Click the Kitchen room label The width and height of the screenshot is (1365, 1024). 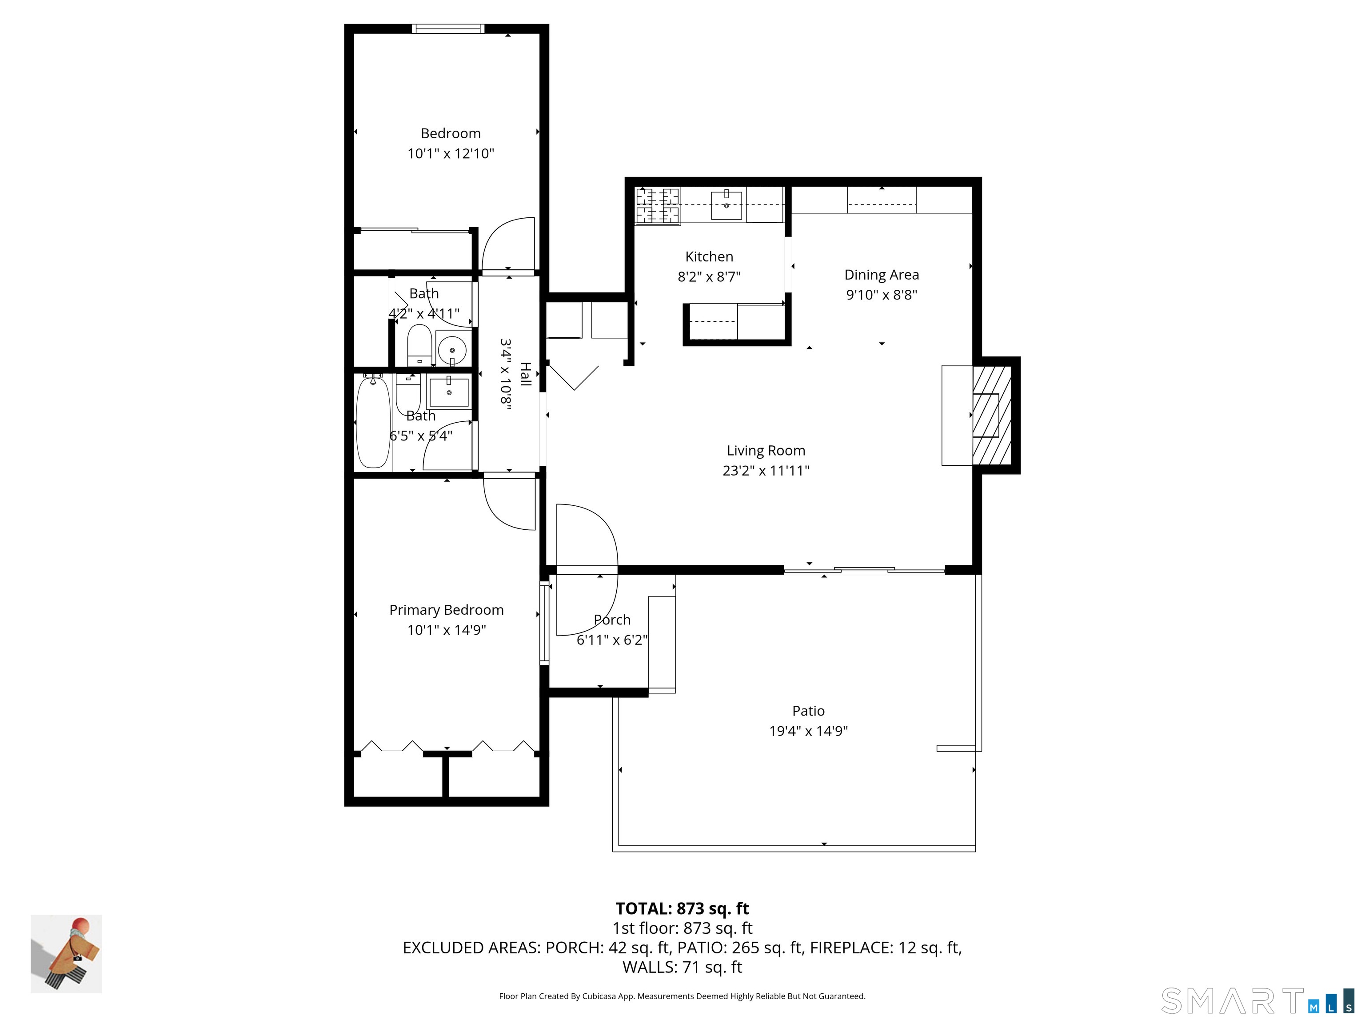point(709,257)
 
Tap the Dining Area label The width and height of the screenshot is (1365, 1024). point(881,275)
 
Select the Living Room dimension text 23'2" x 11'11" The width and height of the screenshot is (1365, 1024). point(766,470)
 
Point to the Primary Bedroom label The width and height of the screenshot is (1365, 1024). point(446,610)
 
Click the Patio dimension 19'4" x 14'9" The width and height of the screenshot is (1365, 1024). point(808,731)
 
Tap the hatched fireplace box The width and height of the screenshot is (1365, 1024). point(992,416)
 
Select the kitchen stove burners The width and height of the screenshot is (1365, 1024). point(657,205)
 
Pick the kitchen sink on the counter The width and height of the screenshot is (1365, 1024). point(726,205)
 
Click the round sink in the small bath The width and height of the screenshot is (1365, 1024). point(452,350)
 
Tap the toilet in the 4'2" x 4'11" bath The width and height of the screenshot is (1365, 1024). point(419,345)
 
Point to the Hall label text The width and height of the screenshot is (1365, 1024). point(525,374)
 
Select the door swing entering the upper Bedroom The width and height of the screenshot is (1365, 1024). point(508,244)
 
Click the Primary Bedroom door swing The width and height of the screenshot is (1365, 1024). point(510,502)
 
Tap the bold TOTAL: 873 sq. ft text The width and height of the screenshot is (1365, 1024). point(682,908)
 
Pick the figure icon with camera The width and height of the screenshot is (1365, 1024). point(67,954)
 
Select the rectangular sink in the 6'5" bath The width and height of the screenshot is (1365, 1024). point(449,392)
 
